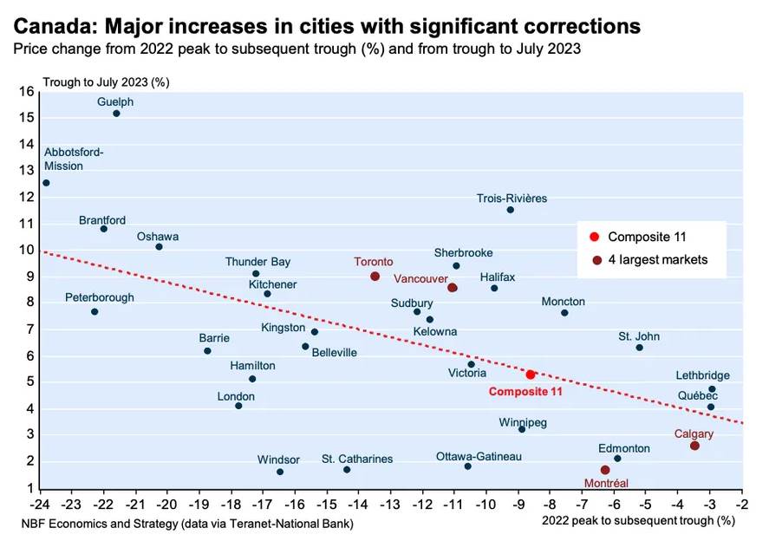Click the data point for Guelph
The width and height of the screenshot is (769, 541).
pyautogui.click(x=116, y=114)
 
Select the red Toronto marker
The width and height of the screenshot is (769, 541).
pyautogui.click(x=375, y=277)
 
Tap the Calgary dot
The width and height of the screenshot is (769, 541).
pyautogui.click(x=694, y=446)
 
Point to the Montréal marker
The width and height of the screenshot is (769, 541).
pyautogui.click(x=605, y=470)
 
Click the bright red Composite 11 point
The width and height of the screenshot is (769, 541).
pyautogui.click(x=531, y=375)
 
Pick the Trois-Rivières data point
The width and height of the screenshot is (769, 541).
pyautogui.click(x=511, y=210)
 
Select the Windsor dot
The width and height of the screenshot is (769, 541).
pyautogui.click(x=280, y=472)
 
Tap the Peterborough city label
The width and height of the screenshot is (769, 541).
pyautogui.click(x=100, y=297)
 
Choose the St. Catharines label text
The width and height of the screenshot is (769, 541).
pyautogui.click(x=357, y=459)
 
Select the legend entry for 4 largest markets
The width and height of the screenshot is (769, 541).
pyautogui.click(x=657, y=259)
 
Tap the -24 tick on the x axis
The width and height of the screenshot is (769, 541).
pyautogui.click(x=40, y=503)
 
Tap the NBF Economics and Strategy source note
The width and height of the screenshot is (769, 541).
pyautogui.click(x=187, y=524)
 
